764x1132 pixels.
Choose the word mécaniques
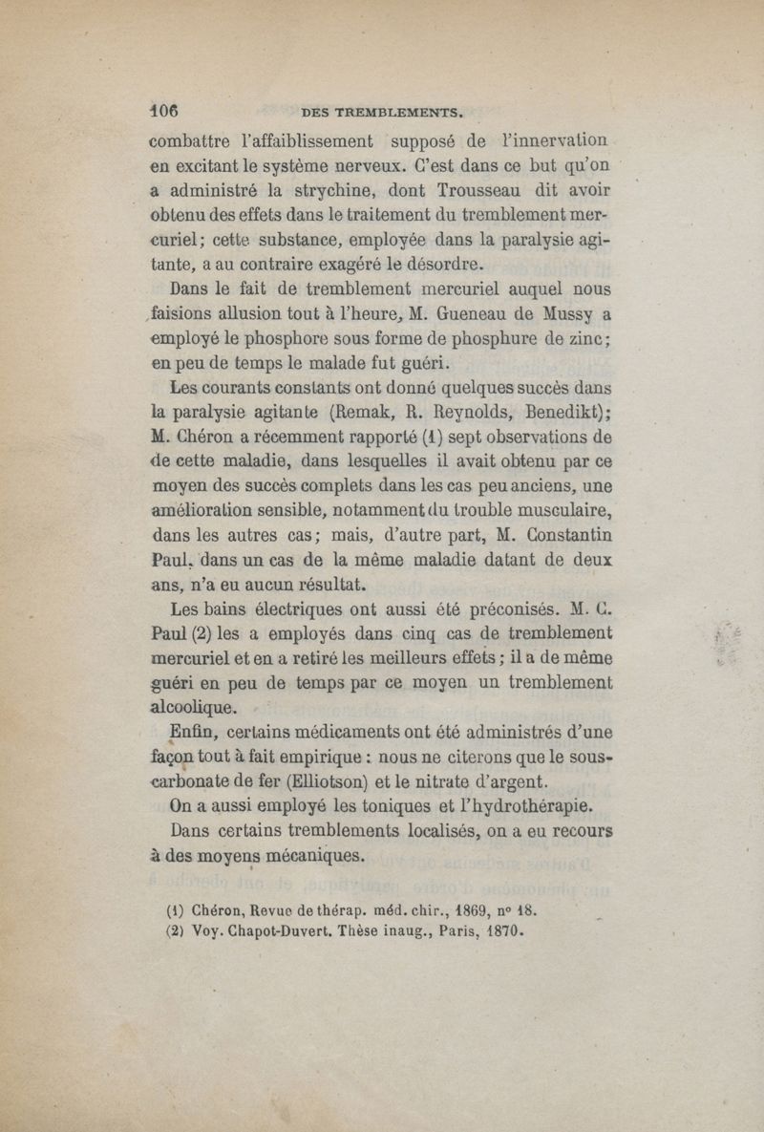pyautogui.click(x=316, y=855)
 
